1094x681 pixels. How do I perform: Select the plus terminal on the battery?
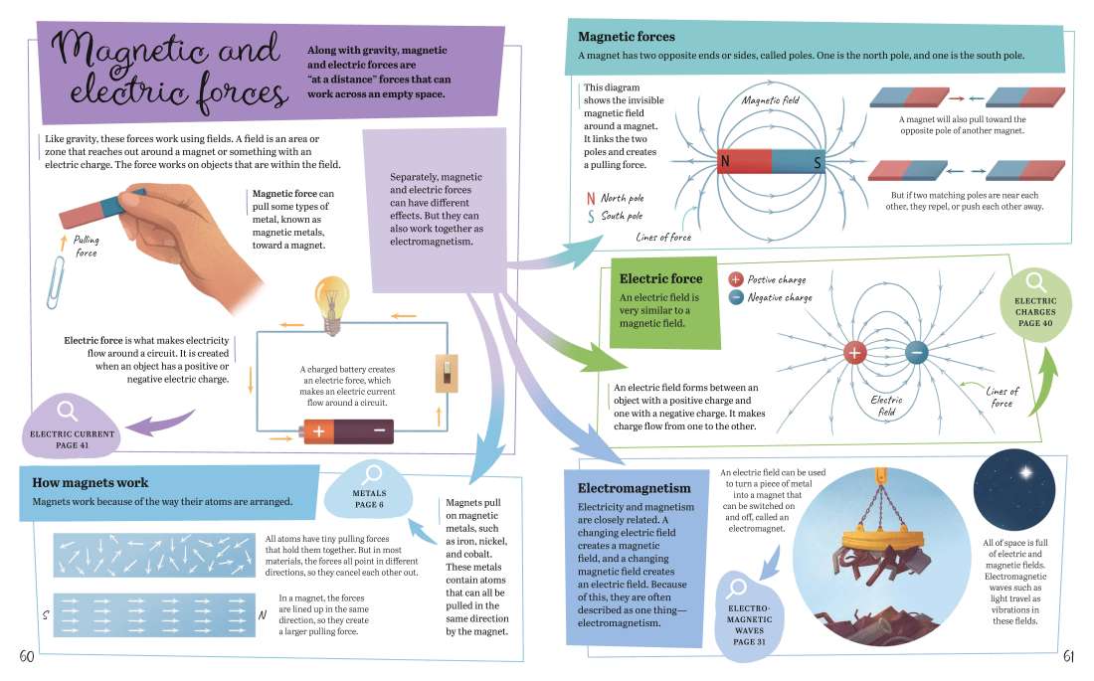pos(318,431)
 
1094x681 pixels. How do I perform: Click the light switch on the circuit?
pos(446,377)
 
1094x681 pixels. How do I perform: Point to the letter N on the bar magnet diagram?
pos(725,161)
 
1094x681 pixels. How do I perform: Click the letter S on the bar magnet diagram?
pos(818,161)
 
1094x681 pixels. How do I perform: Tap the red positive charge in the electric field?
pos(855,352)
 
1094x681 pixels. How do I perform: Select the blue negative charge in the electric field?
pos(916,352)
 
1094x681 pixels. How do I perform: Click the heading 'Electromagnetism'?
pos(634,488)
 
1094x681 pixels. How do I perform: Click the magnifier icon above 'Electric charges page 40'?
pos(1034,282)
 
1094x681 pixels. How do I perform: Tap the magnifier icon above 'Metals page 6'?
pos(374,474)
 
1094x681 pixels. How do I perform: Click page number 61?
pos(1068,656)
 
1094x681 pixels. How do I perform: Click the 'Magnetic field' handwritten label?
pos(771,100)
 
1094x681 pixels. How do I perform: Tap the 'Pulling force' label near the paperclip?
pos(87,247)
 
